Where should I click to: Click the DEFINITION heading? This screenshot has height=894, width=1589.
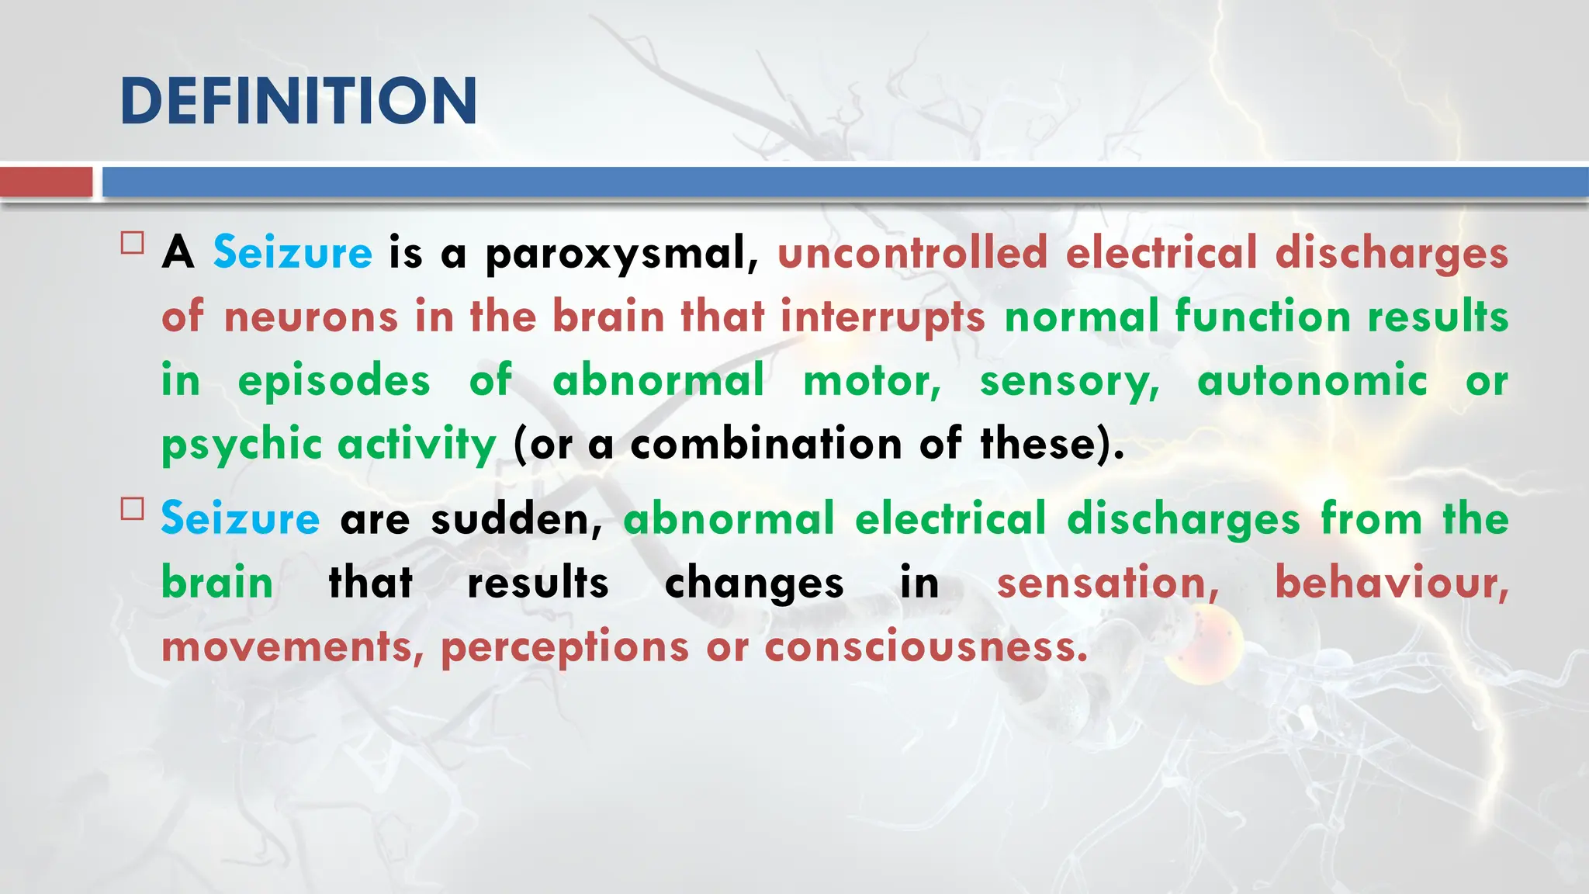[x=299, y=101]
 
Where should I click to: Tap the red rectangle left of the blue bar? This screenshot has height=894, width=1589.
[x=46, y=182]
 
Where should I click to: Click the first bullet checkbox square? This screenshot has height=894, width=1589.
[x=133, y=244]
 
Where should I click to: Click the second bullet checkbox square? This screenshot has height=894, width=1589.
[x=133, y=509]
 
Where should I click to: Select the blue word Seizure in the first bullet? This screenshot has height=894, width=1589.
[x=293, y=253]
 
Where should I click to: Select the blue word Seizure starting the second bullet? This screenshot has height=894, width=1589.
[x=240, y=518]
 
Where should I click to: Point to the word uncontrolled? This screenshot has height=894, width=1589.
[x=912, y=253]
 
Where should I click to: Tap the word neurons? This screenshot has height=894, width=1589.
[x=310, y=317]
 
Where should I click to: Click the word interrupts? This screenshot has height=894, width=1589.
[x=882, y=317]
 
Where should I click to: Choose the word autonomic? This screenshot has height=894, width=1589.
[x=1312, y=381]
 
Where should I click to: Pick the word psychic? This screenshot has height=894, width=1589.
[x=241, y=445]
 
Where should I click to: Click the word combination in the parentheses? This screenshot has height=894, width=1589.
[x=766, y=445]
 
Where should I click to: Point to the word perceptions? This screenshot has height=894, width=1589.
[x=565, y=647]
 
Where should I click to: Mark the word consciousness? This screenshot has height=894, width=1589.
[x=926, y=646]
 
